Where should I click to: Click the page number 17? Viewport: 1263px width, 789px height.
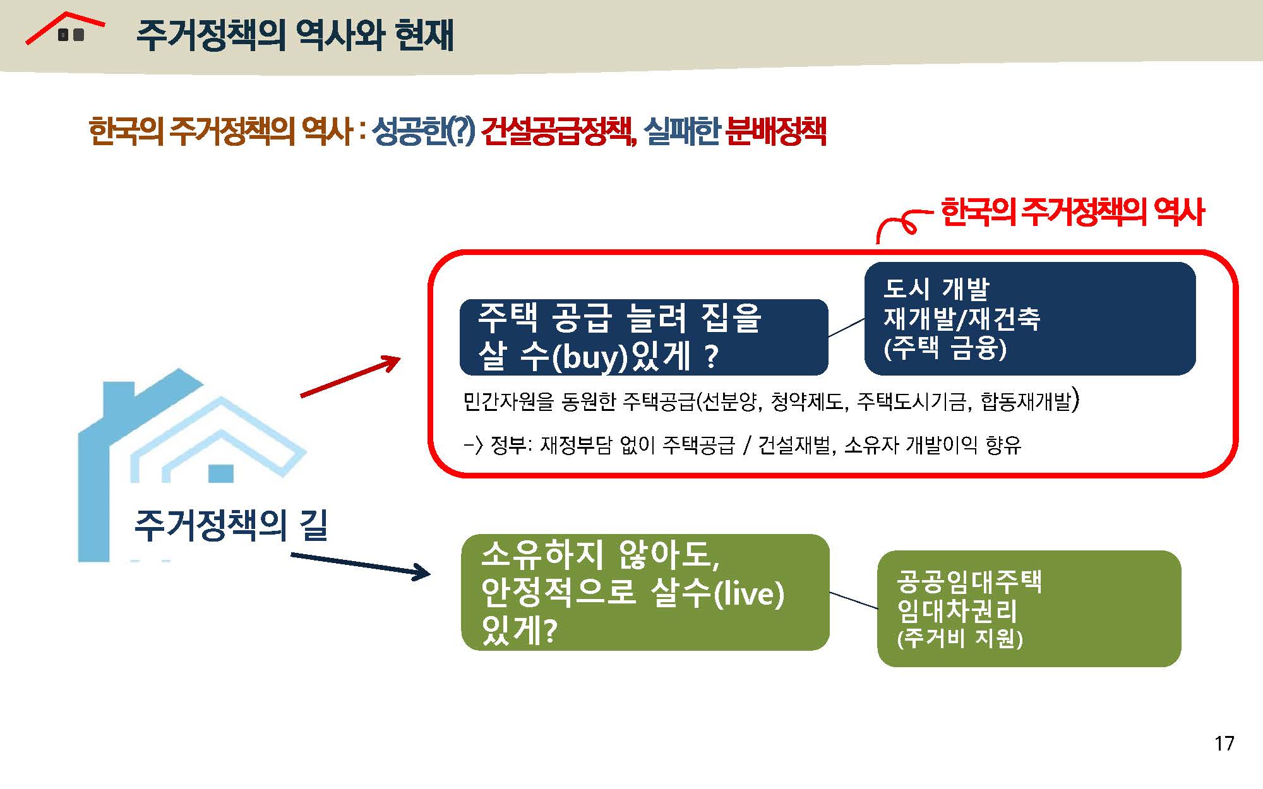coord(1224,743)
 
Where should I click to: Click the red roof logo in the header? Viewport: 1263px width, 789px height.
coord(64,28)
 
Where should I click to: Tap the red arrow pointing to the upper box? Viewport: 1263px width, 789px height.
coord(350,377)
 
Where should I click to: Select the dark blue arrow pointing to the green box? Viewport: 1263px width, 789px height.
coord(361,566)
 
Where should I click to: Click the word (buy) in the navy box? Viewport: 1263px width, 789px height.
coord(590,357)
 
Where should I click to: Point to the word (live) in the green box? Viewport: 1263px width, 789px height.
coord(748,593)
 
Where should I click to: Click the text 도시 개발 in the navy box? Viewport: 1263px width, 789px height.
coord(936,288)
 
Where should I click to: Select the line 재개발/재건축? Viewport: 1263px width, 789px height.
coord(961,318)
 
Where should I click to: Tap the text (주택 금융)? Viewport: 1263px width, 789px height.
coord(945,348)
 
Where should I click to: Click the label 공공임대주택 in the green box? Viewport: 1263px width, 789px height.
coord(969,581)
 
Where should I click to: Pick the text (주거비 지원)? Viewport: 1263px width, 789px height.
coord(960,638)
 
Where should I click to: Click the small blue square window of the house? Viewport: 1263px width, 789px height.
coord(221,473)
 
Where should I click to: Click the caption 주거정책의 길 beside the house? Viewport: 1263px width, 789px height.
coord(231,525)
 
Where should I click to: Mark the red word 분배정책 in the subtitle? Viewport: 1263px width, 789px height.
coord(776,131)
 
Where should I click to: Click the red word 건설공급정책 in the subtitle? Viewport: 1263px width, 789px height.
coord(558,131)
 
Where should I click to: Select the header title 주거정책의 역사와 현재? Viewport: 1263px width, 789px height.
coord(295,35)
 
